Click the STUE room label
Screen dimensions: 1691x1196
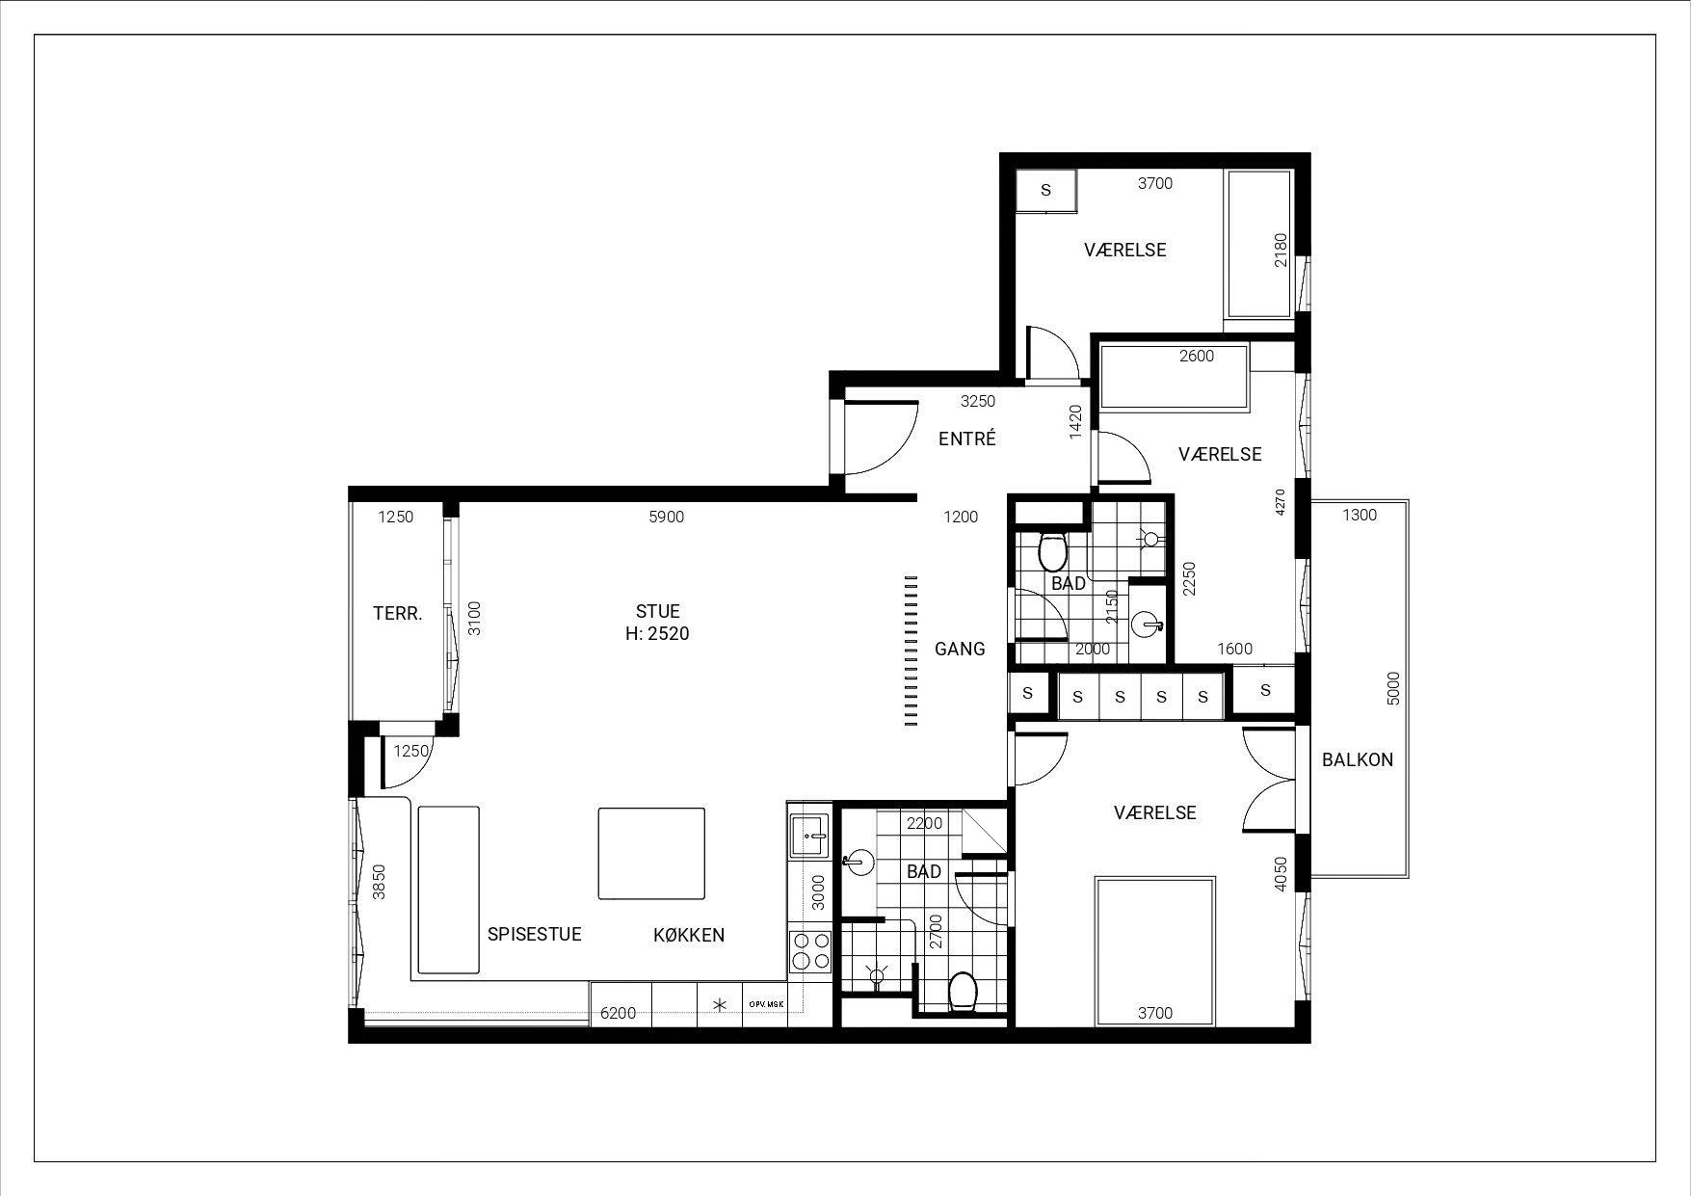658,611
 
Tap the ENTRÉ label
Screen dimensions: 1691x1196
967,439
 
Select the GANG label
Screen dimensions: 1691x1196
960,649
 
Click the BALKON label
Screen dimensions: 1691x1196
1358,759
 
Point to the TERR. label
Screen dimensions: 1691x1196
398,613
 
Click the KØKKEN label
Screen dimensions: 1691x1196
689,935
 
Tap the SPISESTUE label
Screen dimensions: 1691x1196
535,934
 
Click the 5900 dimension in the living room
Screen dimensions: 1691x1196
667,518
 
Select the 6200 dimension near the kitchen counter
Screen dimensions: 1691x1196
619,1013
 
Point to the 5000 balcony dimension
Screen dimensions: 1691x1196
1393,689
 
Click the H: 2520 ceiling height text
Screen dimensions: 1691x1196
658,633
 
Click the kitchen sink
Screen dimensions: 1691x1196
808,835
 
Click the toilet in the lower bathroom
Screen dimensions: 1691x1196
963,992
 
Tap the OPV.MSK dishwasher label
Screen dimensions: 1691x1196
766,1004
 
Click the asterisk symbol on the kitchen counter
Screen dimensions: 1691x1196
719,1005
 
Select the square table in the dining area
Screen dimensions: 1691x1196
651,854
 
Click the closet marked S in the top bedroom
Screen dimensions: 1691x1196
1046,191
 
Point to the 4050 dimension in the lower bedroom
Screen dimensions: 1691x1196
1281,874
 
